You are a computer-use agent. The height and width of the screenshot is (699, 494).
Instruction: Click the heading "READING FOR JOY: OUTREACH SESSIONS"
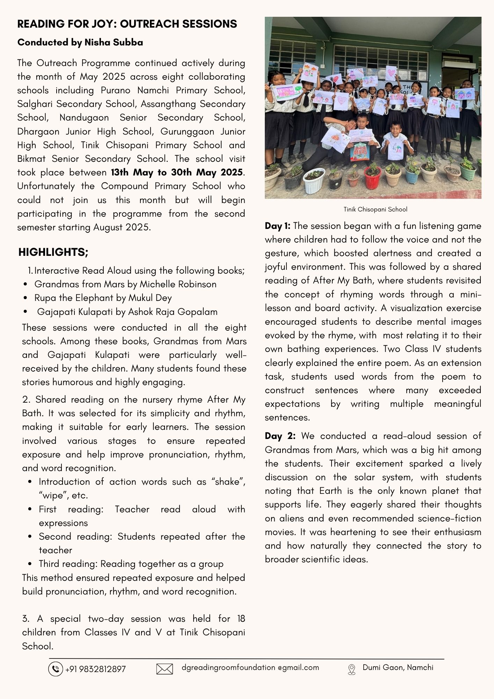pos(127,24)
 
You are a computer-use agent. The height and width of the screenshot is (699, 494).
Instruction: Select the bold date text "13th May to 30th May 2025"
pos(177,172)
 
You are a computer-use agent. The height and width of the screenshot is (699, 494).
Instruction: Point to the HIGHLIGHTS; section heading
pos(53,252)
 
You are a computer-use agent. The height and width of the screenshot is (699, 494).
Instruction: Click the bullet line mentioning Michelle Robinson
pos(125,284)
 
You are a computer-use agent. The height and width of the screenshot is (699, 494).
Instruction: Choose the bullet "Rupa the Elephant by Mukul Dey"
pos(103,298)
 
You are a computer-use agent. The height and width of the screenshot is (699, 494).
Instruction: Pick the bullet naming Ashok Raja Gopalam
pos(127,312)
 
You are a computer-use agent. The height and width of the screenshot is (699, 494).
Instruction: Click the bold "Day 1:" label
pos(277,226)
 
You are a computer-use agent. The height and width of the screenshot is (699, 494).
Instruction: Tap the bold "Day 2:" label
pos(280,436)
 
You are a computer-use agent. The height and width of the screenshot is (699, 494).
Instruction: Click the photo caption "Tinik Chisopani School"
pos(375,209)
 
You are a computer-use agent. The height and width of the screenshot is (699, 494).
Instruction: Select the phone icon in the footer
pos(56,669)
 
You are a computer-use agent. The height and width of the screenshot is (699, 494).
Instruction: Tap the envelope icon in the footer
pos(165,669)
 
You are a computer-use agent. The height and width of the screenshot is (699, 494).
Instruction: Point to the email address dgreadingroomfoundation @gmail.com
pos(250,668)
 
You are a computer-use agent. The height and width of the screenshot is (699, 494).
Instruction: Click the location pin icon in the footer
pos(351,669)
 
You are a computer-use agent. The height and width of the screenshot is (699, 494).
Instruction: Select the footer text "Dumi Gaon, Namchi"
pos(398,668)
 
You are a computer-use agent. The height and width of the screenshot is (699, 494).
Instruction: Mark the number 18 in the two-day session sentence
pos(241,619)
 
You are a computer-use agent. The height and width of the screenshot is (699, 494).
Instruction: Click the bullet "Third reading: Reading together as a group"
pos(131,564)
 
